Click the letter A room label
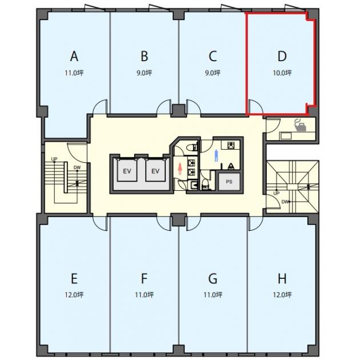[x=74, y=57]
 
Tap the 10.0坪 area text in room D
[x=282, y=73]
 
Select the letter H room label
[x=282, y=278]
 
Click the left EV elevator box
[x=127, y=170]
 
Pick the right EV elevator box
[x=155, y=170]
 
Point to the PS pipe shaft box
[x=229, y=182]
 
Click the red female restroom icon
[x=180, y=169]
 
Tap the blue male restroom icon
[x=216, y=155]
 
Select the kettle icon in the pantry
[x=301, y=125]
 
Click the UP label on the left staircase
[x=54, y=159]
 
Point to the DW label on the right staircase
[x=285, y=202]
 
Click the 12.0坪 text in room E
[x=74, y=294]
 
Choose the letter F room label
[x=144, y=278]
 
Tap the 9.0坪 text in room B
[x=144, y=73]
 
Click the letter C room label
[x=213, y=57]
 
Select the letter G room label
[x=213, y=278]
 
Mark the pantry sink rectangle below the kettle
[x=285, y=135]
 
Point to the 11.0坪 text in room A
[x=74, y=73]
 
